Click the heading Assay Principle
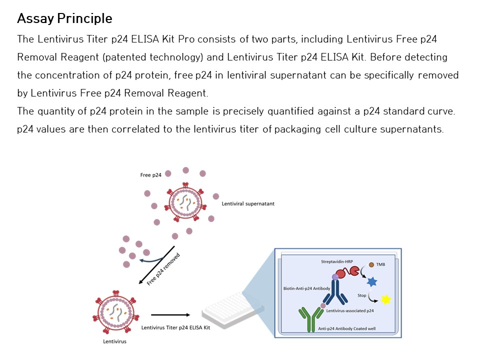point(64,19)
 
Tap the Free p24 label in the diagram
point(150,175)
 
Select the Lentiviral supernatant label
point(248,204)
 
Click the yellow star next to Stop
point(385,299)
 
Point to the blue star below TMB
point(372,282)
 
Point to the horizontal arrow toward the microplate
point(170,315)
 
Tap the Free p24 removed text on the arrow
point(163,269)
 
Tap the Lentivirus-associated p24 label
point(350,310)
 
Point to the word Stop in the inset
point(361,295)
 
